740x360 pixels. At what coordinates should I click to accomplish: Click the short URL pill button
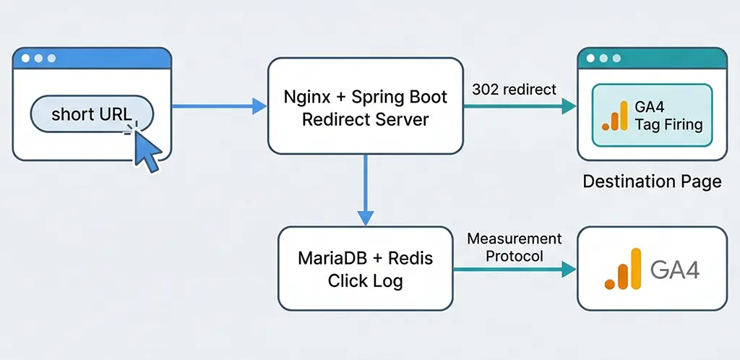click(x=92, y=115)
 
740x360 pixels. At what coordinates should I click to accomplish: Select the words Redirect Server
click(x=365, y=119)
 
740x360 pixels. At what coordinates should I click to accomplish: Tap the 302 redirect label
click(x=514, y=90)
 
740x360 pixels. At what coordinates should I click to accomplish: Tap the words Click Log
click(x=365, y=280)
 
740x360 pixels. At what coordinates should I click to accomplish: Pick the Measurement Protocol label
click(x=514, y=247)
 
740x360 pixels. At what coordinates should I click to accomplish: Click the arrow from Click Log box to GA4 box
click(x=514, y=270)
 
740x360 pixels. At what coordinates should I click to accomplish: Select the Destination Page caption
click(x=652, y=181)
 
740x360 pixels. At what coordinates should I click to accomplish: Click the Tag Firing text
click(x=668, y=124)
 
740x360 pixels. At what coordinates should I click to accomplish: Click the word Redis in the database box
click(x=409, y=258)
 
